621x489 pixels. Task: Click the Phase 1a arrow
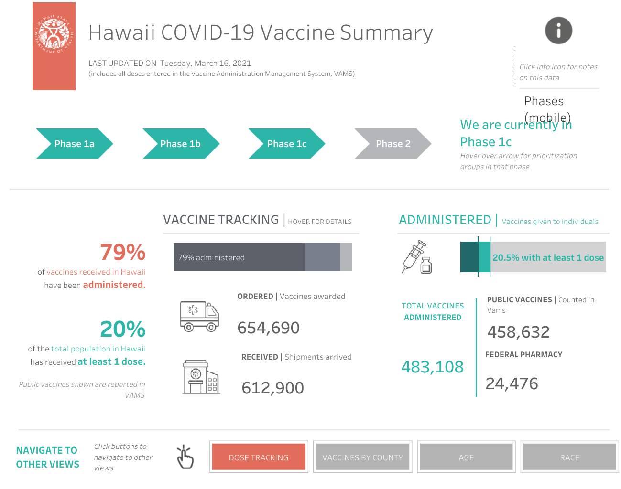(x=75, y=144)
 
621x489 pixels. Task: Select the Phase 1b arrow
(x=181, y=144)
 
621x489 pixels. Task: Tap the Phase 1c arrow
(x=287, y=144)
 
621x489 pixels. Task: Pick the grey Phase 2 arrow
(x=393, y=144)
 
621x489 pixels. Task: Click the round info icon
(x=558, y=31)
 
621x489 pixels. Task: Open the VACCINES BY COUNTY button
(x=362, y=457)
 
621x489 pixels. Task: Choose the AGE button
(x=466, y=457)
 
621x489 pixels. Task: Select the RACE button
(x=569, y=457)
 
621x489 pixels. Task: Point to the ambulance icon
(x=199, y=316)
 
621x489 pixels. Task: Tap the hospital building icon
(x=200, y=377)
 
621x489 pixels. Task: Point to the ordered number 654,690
(x=268, y=328)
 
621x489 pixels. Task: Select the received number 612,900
(x=272, y=388)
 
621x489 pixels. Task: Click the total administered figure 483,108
(x=432, y=367)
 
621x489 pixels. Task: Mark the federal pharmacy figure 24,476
(x=512, y=383)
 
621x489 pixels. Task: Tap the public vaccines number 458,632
(x=518, y=332)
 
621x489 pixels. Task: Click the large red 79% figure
(x=123, y=252)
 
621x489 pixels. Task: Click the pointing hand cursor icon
(x=185, y=457)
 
